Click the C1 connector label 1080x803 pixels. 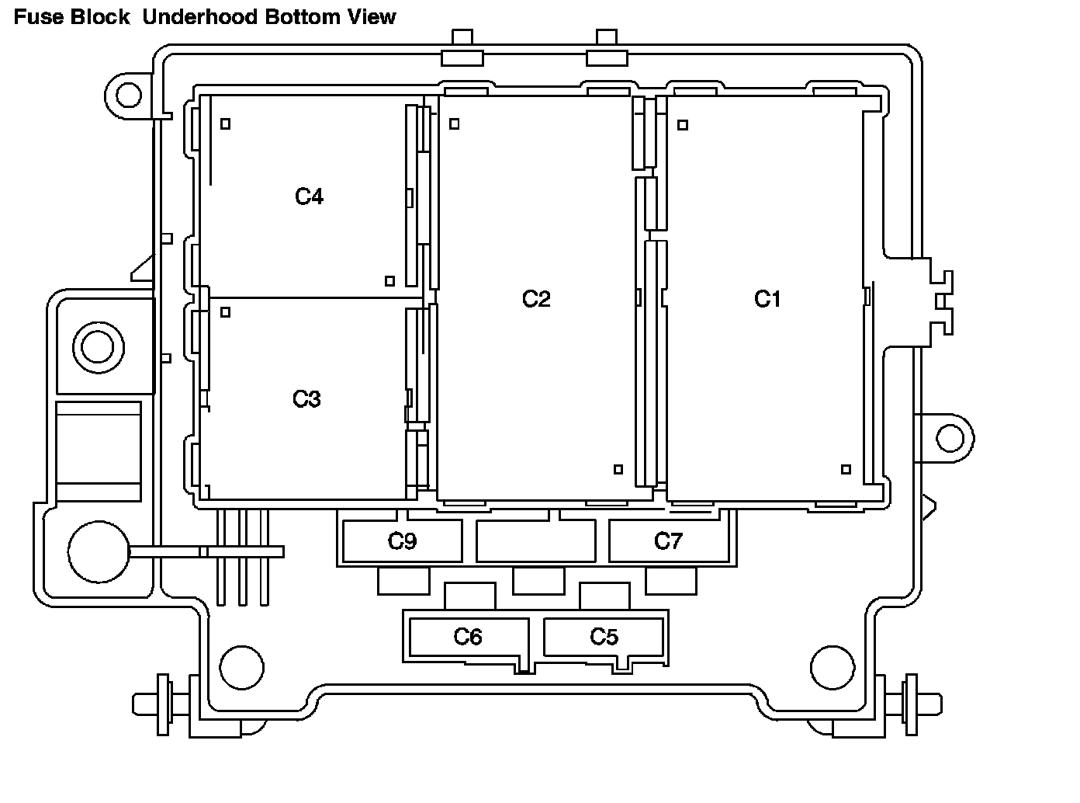767,299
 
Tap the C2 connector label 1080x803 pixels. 536,299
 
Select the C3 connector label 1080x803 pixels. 306,399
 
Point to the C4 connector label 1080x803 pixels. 309,196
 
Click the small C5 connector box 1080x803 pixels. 604,637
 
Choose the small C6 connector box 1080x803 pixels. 468,637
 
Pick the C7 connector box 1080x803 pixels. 668,541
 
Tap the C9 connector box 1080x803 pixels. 402,541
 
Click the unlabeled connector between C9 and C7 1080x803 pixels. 535,541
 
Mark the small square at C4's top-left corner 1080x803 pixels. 225,123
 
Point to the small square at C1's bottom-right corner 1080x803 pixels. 846,469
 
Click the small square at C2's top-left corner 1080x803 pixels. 454,123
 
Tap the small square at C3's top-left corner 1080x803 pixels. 225,312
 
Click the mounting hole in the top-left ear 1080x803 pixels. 129,95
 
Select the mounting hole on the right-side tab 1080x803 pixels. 950,438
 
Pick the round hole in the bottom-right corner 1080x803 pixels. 832,666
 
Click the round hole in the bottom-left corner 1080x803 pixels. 241,666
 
